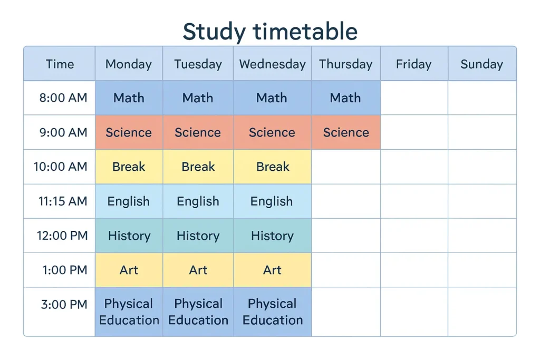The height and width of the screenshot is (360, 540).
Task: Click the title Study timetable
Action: click(x=270, y=31)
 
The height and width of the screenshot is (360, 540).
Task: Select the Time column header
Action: click(x=60, y=64)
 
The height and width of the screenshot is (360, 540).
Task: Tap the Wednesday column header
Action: click(x=272, y=64)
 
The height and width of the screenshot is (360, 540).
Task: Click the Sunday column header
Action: click(x=481, y=64)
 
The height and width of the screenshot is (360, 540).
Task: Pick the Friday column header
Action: click(x=413, y=64)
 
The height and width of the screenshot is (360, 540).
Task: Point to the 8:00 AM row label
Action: click(x=63, y=98)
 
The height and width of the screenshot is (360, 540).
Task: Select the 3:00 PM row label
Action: click(x=64, y=304)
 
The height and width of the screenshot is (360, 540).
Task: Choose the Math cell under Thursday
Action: click(x=345, y=98)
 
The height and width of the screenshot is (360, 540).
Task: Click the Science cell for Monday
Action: click(x=129, y=132)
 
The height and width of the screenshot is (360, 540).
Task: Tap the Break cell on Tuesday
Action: click(x=198, y=167)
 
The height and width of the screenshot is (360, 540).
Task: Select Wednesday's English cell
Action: click(x=272, y=201)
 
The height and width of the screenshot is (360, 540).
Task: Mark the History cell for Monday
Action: click(x=129, y=236)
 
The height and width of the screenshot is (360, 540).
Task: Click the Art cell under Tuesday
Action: click(x=198, y=270)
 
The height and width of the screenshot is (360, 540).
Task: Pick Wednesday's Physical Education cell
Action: click(x=272, y=312)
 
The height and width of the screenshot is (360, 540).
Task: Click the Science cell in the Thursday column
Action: click(x=345, y=132)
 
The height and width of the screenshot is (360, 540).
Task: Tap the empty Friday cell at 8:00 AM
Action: click(x=414, y=98)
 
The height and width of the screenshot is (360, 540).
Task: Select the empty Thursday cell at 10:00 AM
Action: click(x=345, y=167)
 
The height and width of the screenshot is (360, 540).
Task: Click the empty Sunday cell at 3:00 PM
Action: click(x=481, y=312)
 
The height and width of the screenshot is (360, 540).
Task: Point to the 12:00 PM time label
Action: click(x=62, y=236)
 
